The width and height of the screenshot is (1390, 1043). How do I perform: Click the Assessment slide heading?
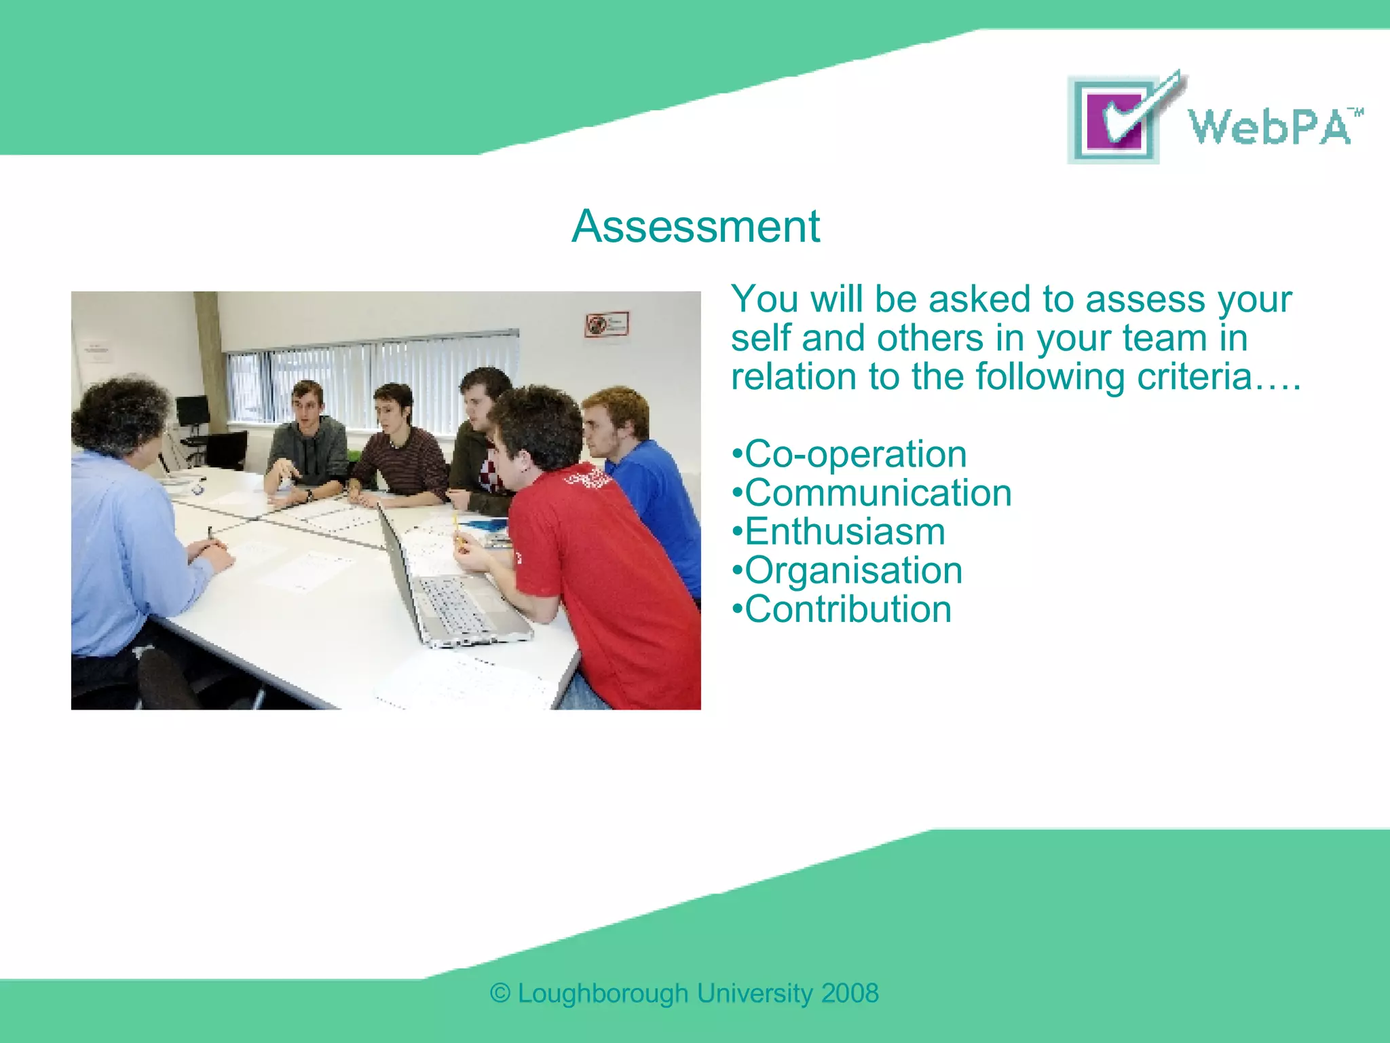(x=695, y=226)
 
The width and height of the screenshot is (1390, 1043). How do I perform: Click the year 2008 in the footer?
(x=850, y=993)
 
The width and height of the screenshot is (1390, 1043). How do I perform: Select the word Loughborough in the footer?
(x=603, y=993)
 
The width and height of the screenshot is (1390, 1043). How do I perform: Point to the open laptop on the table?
(x=448, y=591)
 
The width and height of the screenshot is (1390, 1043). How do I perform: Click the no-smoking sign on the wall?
(x=607, y=324)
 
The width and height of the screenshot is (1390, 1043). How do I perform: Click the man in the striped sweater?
(x=400, y=455)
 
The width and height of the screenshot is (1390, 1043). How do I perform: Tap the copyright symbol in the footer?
(x=500, y=993)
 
